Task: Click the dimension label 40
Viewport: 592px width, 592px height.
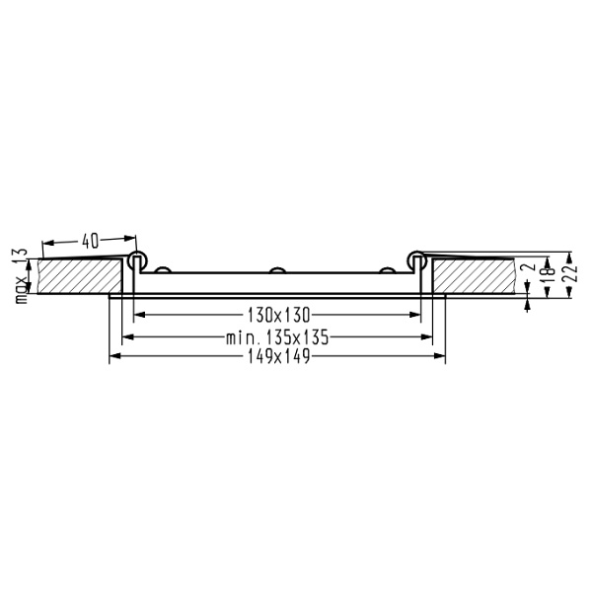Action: pyautogui.click(x=89, y=239)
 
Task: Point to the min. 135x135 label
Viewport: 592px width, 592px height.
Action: pyautogui.click(x=276, y=336)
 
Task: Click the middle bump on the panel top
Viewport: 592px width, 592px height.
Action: pyautogui.click(x=278, y=269)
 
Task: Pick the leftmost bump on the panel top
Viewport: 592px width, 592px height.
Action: pyautogui.click(x=166, y=269)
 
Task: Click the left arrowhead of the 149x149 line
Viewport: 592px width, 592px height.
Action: pyautogui.click(x=112, y=358)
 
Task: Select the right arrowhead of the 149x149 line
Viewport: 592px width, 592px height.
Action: pyautogui.click(x=442, y=358)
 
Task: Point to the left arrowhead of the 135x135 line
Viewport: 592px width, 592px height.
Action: pyautogui.click(x=124, y=336)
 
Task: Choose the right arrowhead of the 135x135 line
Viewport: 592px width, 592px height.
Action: pyautogui.click(x=429, y=336)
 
